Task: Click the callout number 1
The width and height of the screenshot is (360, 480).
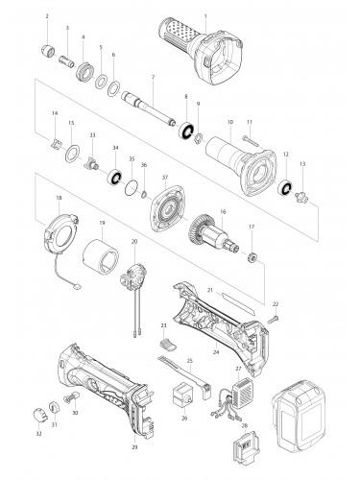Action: [204, 17]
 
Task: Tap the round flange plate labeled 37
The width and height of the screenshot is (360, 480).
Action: [164, 204]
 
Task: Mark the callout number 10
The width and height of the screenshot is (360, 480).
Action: [230, 123]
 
